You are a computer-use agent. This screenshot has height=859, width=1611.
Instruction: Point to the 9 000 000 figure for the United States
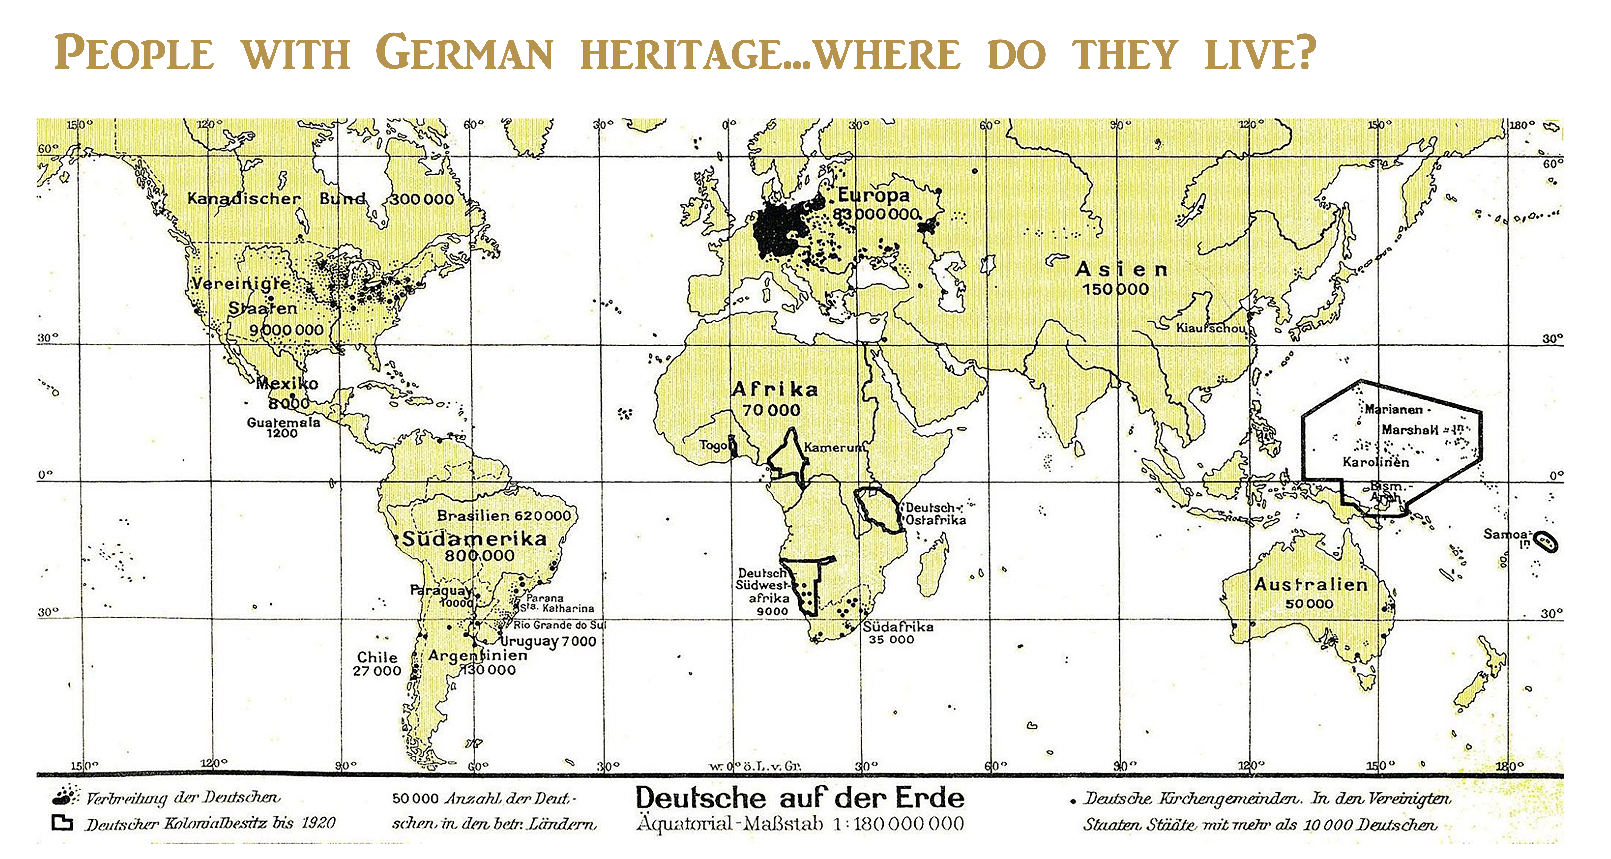click(286, 330)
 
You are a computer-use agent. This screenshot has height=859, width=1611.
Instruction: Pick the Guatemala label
click(283, 423)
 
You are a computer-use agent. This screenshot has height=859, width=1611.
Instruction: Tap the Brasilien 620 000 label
click(504, 516)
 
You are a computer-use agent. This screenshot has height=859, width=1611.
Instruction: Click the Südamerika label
click(474, 539)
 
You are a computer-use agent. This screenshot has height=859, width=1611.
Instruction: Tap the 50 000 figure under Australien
click(1309, 604)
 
